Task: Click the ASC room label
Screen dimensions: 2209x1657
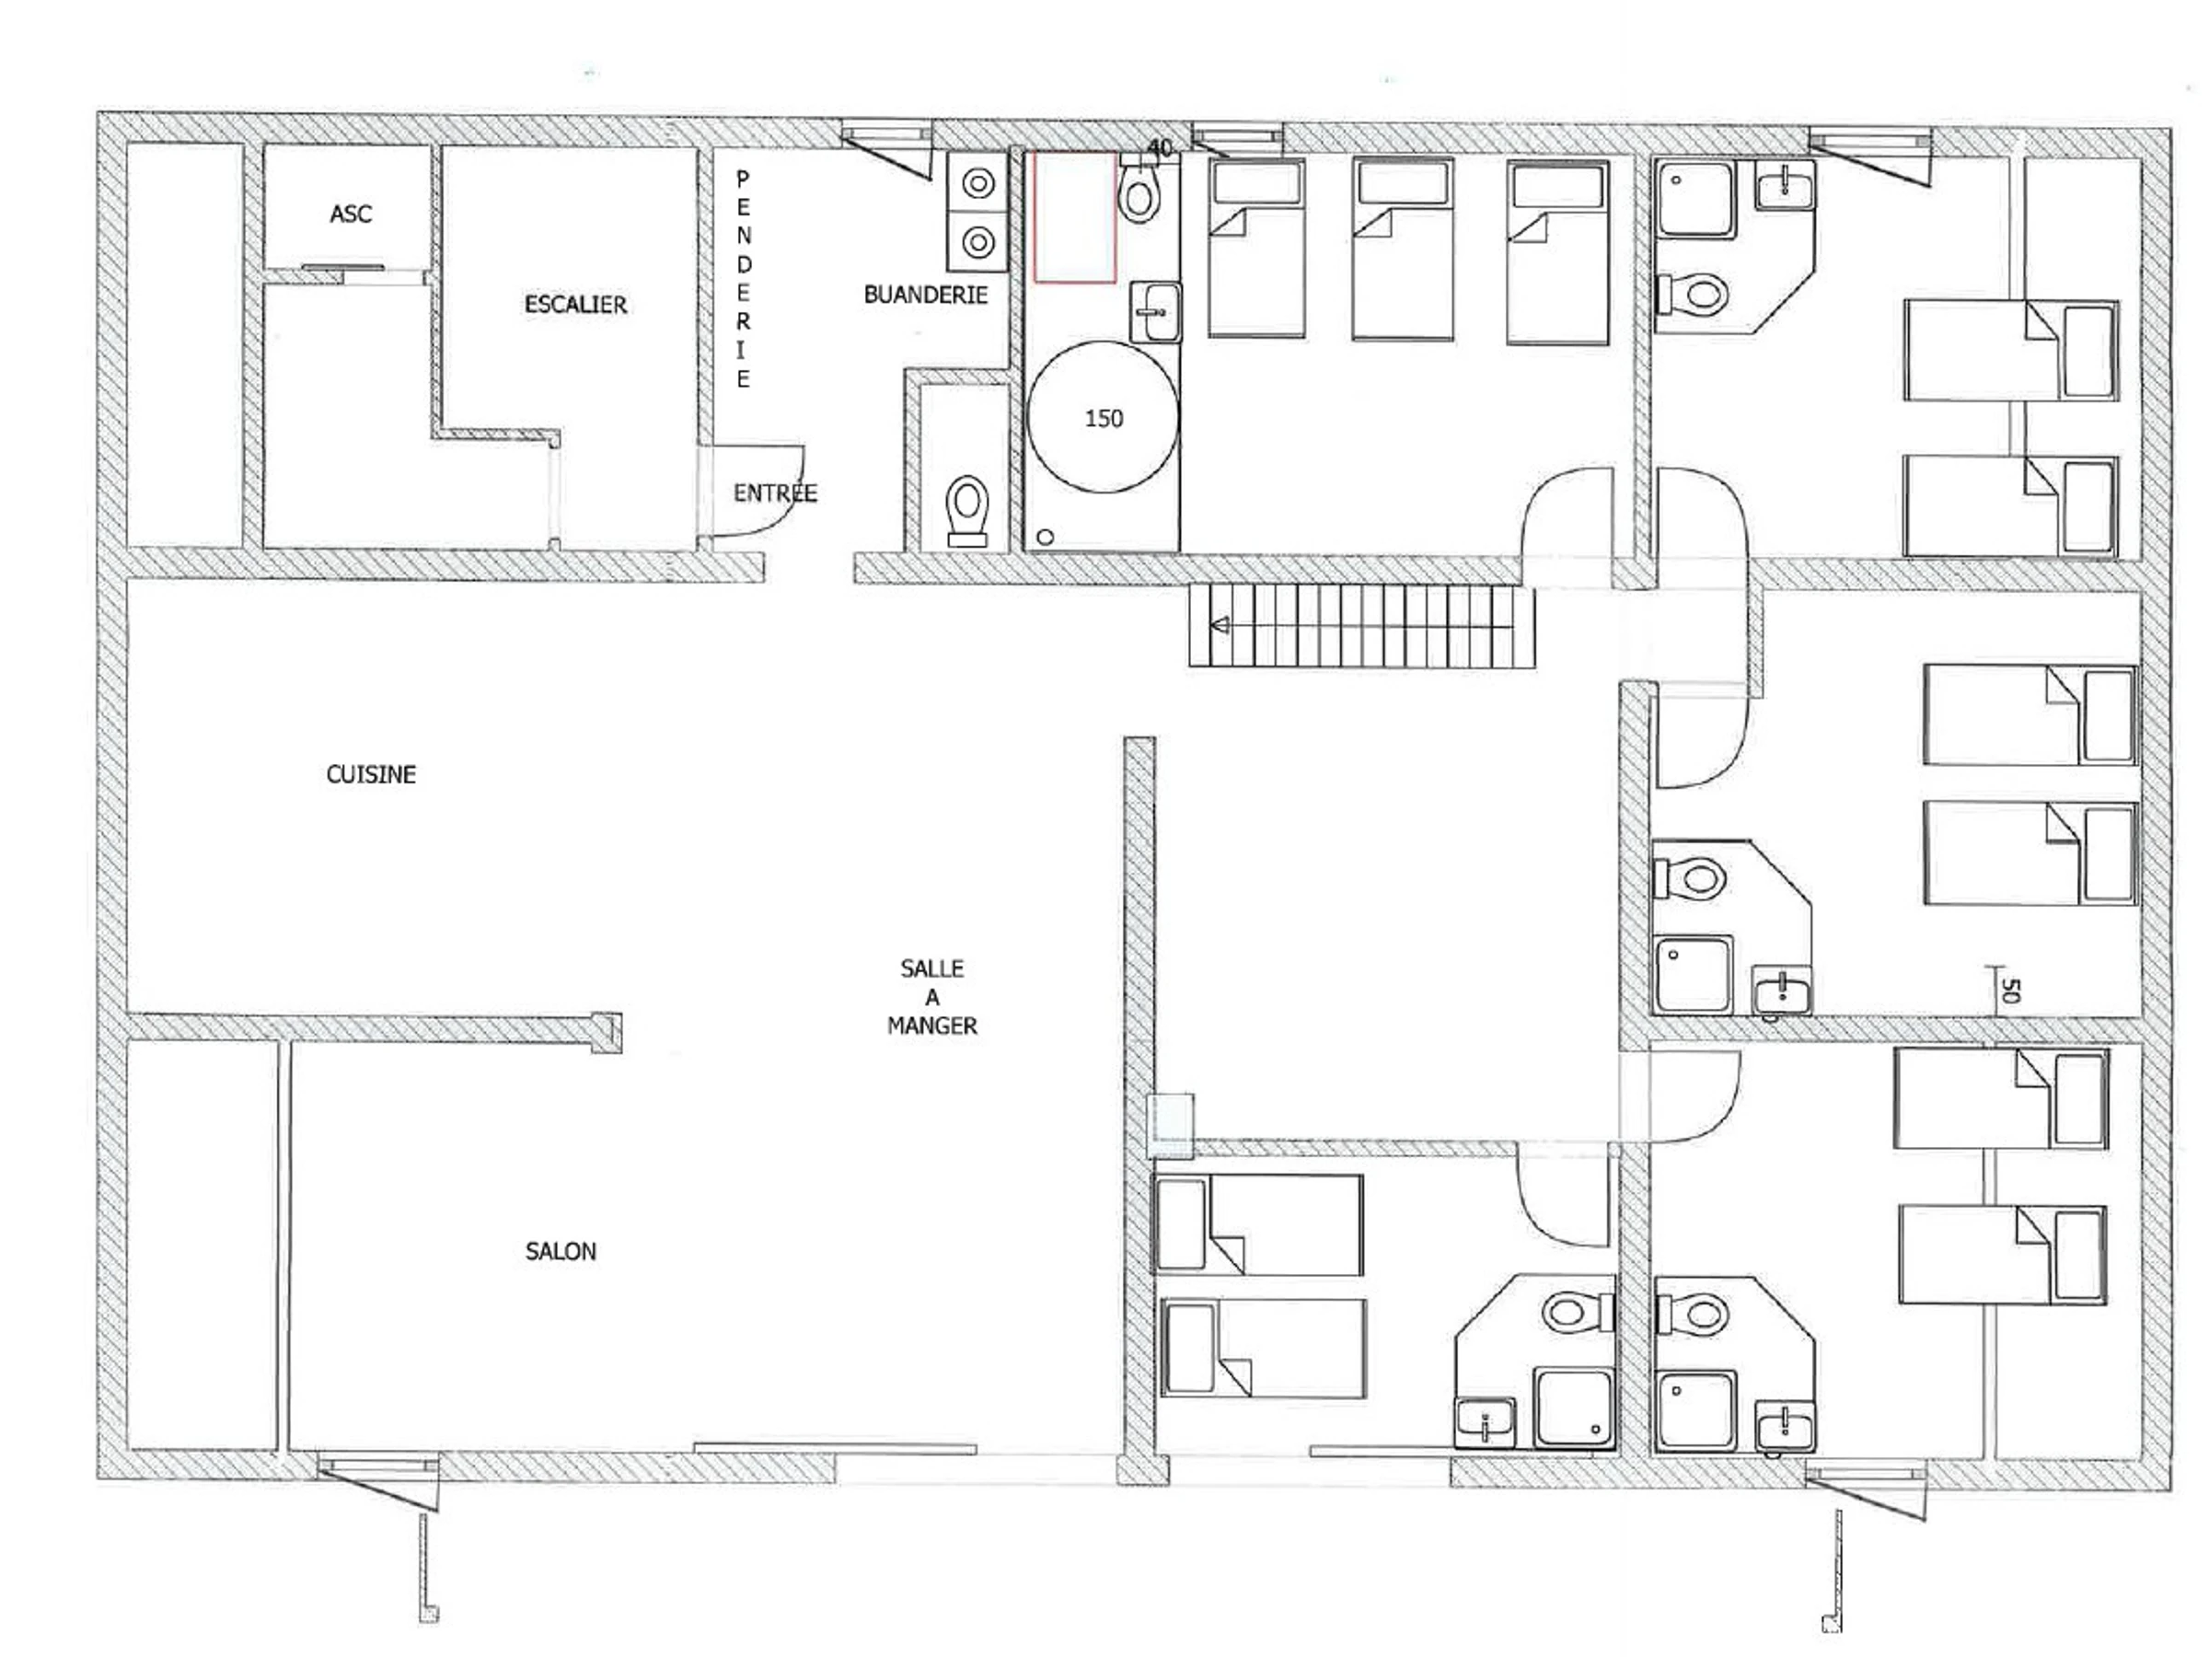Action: pyautogui.click(x=351, y=214)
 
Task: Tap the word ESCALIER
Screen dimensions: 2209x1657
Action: pyautogui.click(x=575, y=305)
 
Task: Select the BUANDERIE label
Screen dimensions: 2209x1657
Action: pyautogui.click(x=925, y=295)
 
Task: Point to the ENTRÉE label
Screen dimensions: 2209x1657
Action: pyautogui.click(x=775, y=492)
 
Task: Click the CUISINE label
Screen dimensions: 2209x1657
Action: pyautogui.click(x=371, y=774)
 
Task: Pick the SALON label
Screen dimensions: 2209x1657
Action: pyautogui.click(x=561, y=1251)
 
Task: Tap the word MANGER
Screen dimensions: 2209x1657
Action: pyautogui.click(x=931, y=1025)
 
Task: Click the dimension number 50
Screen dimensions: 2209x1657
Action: pyautogui.click(x=2010, y=990)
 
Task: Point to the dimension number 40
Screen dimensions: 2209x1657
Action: pyautogui.click(x=1160, y=148)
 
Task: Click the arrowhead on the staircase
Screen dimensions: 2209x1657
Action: pyautogui.click(x=1220, y=626)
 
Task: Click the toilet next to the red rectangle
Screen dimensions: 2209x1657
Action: pyautogui.click(x=1139, y=190)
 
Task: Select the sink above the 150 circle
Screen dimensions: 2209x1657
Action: pyautogui.click(x=1155, y=312)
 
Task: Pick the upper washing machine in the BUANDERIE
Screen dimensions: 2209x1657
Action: pyautogui.click(x=977, y=184)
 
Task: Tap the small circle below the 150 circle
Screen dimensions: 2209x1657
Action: pyautogui.click(x=1046, y=538)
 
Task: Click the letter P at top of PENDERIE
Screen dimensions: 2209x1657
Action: pyautogui.click(x=742, y=178)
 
